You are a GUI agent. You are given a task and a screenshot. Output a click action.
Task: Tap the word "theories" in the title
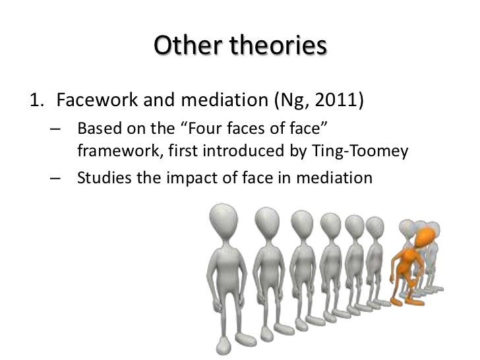coord(278,47)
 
